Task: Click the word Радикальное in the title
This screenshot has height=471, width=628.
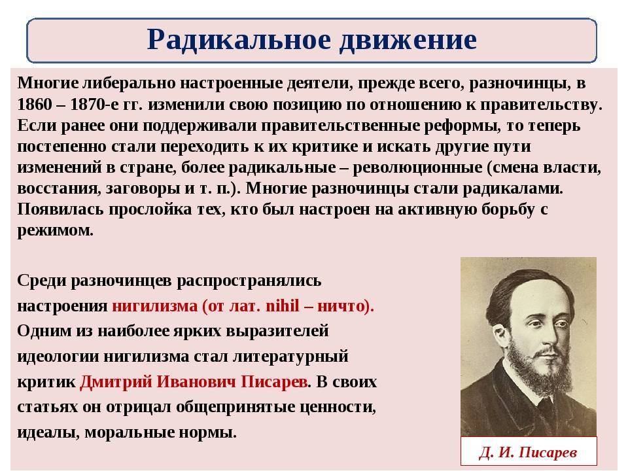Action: pyautogui.click(x=239, y=40)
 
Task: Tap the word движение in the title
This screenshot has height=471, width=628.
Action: pyautogui.click(x=408, y=41)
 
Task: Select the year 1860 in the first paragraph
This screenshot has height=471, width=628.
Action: pyautogui.click(x=35, y=105)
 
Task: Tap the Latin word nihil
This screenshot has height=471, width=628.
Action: pyautogui.click(x=283, y=306)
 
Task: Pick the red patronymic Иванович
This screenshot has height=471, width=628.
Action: pyautogui.click(x=196, y=381)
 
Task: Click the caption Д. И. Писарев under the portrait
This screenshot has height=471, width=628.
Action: pyautogui.click(x=529, y=453)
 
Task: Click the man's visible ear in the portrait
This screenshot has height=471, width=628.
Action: pyautogui.click(x=499, y=334)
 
